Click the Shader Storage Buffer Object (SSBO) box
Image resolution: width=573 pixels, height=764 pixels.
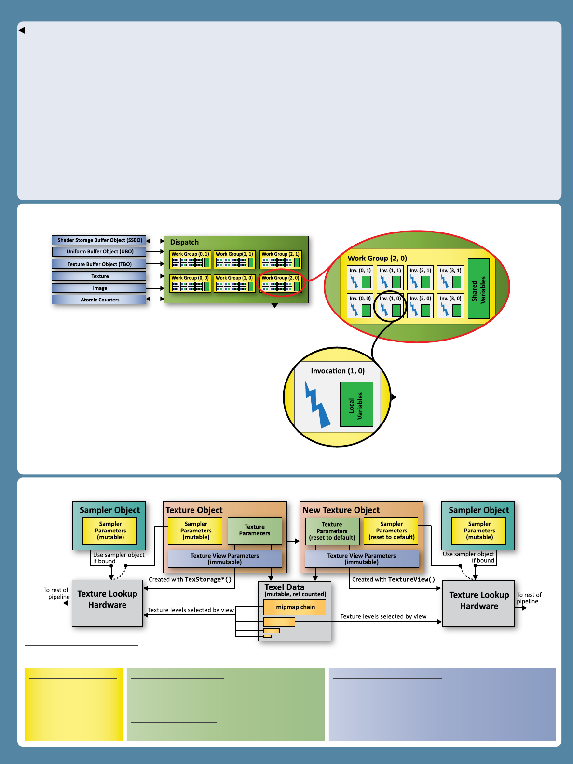[99, 240]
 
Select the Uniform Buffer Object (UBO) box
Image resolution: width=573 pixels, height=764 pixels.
[99, 252]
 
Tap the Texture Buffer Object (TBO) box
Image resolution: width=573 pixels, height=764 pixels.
[99, 264]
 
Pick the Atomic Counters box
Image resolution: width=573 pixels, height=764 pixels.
[99, 300]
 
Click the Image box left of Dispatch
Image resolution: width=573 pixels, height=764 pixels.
[99, 288]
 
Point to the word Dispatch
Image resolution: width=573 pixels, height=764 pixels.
[184, 242]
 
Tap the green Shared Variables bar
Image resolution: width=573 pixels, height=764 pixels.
[478, 288]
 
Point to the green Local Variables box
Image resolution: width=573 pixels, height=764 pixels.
[356, 405]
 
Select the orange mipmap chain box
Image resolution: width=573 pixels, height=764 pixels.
[295, 607]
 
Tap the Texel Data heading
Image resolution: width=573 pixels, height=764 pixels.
[284, 587]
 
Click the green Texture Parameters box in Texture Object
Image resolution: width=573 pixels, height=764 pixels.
[255, 531]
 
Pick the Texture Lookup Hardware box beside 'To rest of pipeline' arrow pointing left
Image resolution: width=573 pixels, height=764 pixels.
[107, 603]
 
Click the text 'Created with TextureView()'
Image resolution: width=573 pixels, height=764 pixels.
[393, 580]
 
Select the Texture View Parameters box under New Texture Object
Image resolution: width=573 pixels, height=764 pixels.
[362, 559]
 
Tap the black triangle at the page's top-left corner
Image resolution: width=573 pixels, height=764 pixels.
[22, 30]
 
